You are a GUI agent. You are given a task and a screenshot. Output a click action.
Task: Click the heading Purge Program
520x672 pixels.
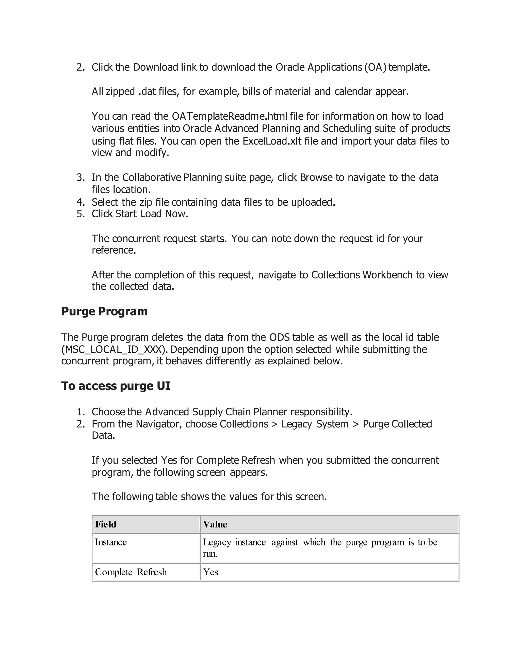[104, 311]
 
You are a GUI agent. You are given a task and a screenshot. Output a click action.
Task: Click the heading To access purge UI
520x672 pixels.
[116, 386]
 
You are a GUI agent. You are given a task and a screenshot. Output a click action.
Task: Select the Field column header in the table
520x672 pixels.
[106, 524]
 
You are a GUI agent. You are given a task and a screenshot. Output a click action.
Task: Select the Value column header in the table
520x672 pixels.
[215, 524]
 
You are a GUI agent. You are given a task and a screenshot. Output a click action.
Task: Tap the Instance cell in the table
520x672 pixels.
[111, 542]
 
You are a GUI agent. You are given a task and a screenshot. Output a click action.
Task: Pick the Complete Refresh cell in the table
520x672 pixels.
[131, 572]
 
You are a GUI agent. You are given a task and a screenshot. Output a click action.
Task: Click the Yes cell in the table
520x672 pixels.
[211, 572]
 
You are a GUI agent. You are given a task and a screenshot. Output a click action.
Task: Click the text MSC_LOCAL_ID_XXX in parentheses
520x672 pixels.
[113, 349]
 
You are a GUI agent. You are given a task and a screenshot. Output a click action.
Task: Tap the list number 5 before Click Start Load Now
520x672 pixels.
[80, 214]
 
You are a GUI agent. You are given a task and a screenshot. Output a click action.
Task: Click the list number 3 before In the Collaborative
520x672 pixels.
[80, 178]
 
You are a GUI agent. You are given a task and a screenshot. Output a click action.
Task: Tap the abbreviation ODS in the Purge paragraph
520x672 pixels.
[279, 337]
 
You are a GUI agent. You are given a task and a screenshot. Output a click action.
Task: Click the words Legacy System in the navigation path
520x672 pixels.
[315, 424]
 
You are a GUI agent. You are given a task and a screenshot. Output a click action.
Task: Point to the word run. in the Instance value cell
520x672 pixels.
[210, 554]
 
